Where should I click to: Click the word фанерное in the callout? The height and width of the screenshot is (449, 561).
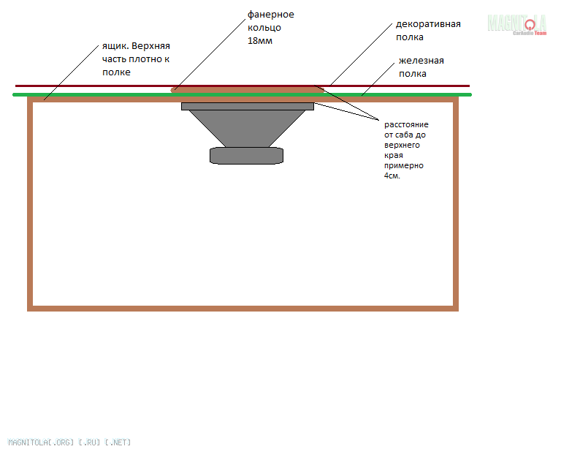pyautogui.click(x=271, y=15)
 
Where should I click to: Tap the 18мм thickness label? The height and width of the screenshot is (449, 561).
pyautogui.click(x=260, y=41)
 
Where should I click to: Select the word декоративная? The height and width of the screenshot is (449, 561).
pyautogui.click(x=428, y=24)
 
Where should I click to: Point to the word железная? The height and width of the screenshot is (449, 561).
pyautogui.click(x=421, y=61)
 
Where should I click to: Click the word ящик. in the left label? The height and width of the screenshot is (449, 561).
pyautogui.click(x=115, y=47)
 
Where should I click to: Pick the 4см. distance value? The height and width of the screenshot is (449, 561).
pyautogui.click(x=392, y=176)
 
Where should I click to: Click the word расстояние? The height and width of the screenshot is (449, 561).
pyautogui.click(x=406, y=125)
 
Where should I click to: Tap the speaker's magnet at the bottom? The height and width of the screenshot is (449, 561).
pyautogui.click(x=246, y=156)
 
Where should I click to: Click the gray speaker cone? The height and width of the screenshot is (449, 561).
pyautogui.click(x=247, y=128)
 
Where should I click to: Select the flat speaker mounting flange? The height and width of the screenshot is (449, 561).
pyautogui.click(x=248, y=106)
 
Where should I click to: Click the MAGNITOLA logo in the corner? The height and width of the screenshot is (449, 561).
pyautogui.click(x=517, y=24)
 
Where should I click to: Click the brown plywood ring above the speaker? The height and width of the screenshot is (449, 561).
pyautogui.click(x=248, y=90)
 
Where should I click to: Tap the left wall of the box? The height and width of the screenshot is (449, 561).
pyautogui.click(x=30, y=204)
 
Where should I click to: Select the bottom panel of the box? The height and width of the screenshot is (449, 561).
pyautogui.click(x=243, y=309)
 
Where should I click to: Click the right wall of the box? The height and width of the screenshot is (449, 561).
pyautogui.click(x=456, y=204)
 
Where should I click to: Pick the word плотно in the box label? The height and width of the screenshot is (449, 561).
pyautogui.click(x=143, y=59)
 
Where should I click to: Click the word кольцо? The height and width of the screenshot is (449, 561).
pyautogui.click(x=264, y=28)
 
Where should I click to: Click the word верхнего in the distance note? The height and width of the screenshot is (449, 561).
pyautogui.click(x=402, y=146)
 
